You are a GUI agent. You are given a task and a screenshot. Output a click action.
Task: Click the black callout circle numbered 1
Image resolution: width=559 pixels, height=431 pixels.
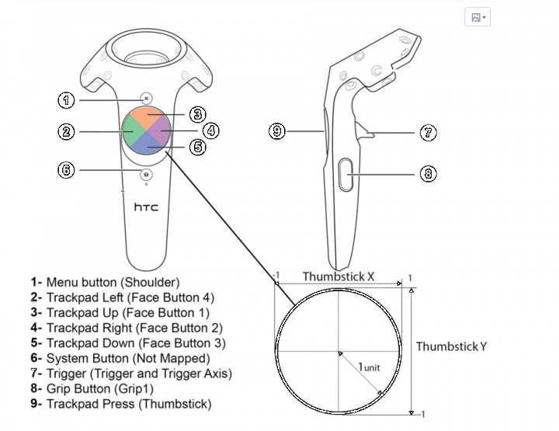(67, 99)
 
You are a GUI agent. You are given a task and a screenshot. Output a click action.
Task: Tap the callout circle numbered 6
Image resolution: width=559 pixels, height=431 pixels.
(67, 169)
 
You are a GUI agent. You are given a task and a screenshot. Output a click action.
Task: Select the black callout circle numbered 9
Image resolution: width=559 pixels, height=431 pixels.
(278, 131)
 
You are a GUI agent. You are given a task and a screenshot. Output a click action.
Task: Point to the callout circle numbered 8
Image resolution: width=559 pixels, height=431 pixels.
(429, 173)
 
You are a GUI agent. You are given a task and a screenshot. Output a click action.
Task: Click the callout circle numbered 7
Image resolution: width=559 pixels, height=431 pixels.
(429, 133)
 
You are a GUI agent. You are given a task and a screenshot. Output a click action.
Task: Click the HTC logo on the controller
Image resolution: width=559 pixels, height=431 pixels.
(147, 207)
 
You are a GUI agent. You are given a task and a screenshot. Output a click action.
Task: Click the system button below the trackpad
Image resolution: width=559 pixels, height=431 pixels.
(147, 176)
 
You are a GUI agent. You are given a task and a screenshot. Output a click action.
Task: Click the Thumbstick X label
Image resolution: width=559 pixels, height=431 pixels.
(339, 276)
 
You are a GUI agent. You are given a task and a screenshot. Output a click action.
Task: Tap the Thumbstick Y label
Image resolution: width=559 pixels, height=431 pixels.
(451, 346)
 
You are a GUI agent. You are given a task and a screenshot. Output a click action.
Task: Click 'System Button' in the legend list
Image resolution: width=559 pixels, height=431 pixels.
(91, 359)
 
